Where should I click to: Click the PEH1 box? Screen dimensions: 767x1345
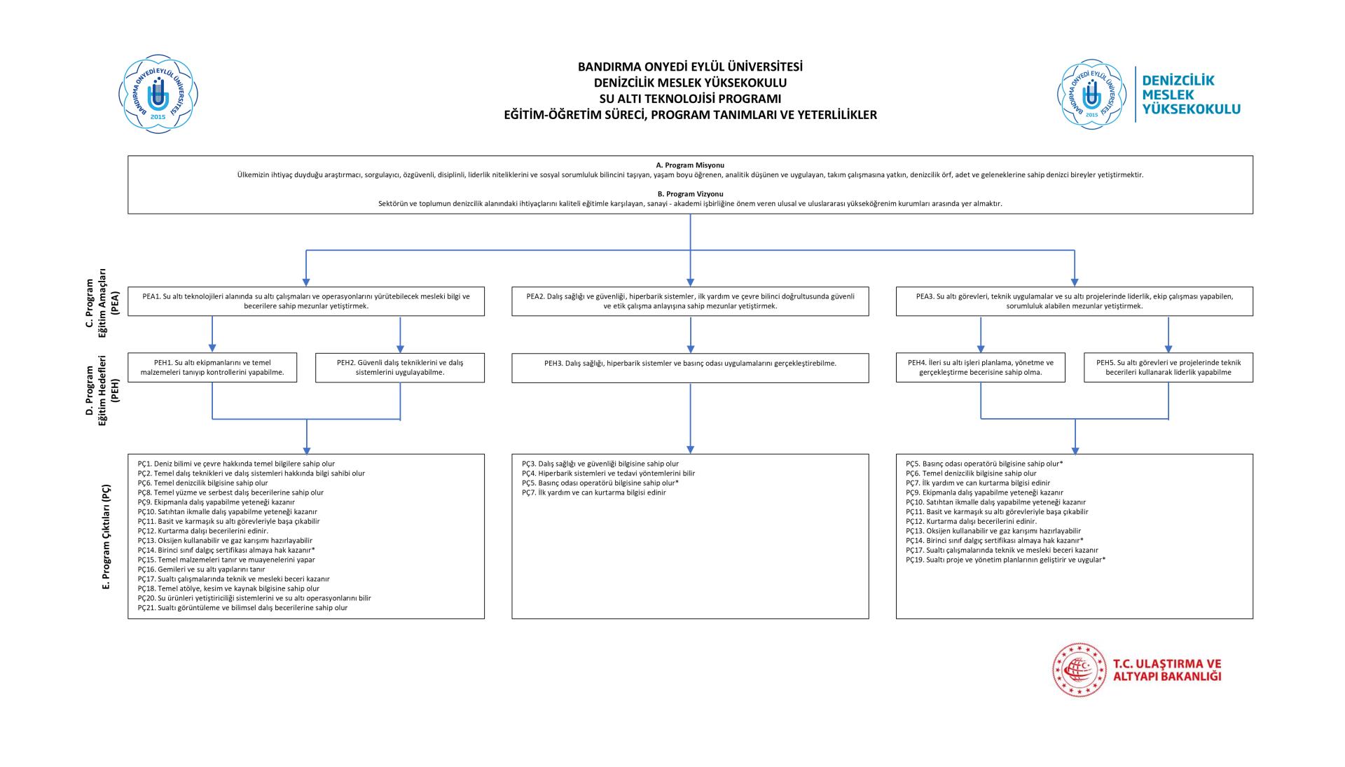tap(212, 368)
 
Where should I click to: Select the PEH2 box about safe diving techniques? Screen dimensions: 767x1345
tap(400, 368)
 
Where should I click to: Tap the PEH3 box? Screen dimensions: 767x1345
tap(690, 368)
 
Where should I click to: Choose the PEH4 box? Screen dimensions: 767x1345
tap(980, 368)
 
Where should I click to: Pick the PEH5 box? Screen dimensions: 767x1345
tap(1168, 368)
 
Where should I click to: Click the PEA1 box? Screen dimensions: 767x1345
tap(306, 301)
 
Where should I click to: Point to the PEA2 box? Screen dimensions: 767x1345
tap(690, 301)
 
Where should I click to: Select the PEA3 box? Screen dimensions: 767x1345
tap(1074, 301)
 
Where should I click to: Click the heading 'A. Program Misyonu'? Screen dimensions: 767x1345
tap(690, 165)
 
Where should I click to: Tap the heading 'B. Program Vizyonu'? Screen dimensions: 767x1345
tap(690, 194)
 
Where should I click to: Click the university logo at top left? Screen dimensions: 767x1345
tap(158, 94)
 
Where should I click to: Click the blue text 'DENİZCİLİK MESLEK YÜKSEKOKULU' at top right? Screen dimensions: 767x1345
tap(1190, 95)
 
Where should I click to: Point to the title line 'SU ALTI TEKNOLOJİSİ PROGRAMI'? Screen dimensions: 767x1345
tap(690, 99)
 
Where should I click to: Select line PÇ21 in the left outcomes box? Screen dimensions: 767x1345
tap(242, 608)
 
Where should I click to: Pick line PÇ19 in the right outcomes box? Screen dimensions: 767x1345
tap(1005, 560)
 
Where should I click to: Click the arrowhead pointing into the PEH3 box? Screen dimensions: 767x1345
tap(691, 349)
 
